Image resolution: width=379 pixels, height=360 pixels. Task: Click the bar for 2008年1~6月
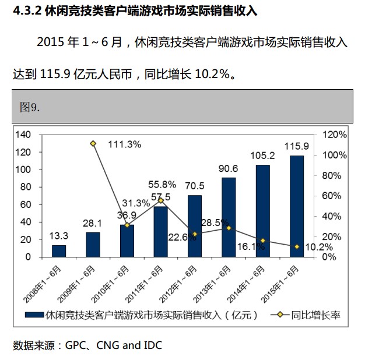(x=59, y=251)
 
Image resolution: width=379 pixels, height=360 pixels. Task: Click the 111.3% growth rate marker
(x=93, y=144)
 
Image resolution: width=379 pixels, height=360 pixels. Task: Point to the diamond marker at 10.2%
(x=296, y=247)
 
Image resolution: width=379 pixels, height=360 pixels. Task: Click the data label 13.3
(x=59, y=236)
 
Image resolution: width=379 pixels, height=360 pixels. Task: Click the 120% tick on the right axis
(x=335, y=135)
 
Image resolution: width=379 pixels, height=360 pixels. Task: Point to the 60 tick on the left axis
(x=25, y=204)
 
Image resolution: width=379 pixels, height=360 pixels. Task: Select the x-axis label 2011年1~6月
(x=148, y=280)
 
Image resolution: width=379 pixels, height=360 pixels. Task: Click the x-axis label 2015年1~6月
(x=285, y=280)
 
